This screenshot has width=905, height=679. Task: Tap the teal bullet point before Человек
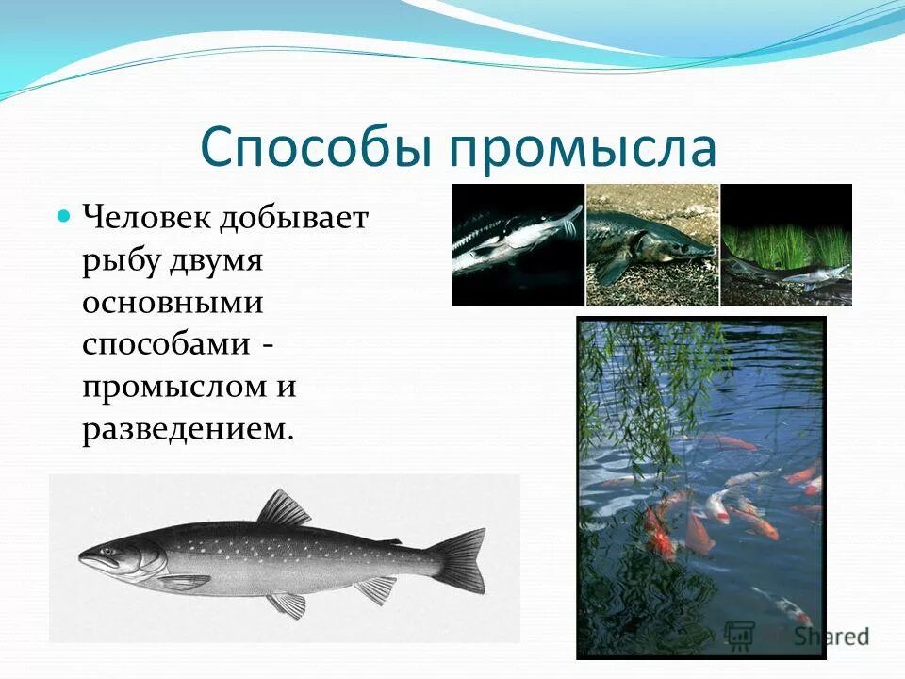point(64,217)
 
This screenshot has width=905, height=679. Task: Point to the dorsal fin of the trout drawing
point(284,509)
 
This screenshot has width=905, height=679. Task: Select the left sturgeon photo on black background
point(518,244)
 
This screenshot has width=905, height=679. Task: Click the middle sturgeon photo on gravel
point(651,244)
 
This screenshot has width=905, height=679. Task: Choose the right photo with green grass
point(786,244)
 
